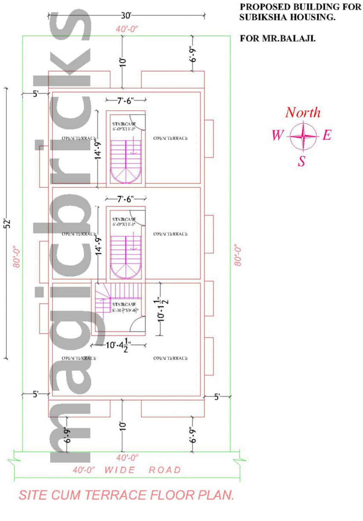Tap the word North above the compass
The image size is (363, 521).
303,113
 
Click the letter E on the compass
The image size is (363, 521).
327,136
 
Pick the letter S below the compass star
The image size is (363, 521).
302,162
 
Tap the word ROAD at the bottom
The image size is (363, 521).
165,470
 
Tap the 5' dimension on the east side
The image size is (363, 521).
217,397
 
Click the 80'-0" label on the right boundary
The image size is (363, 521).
238,255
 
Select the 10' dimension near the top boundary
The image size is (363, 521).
123,62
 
